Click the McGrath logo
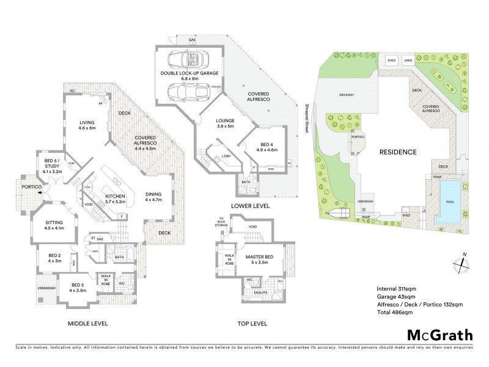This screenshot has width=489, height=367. (x=439, y=335)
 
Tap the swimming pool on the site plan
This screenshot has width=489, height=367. (x=450, y=201)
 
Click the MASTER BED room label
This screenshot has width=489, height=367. (x=260, y=259)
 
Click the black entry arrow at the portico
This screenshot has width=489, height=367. (x=40, y=193)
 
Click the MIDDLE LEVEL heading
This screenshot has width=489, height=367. (x=87, y=323)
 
